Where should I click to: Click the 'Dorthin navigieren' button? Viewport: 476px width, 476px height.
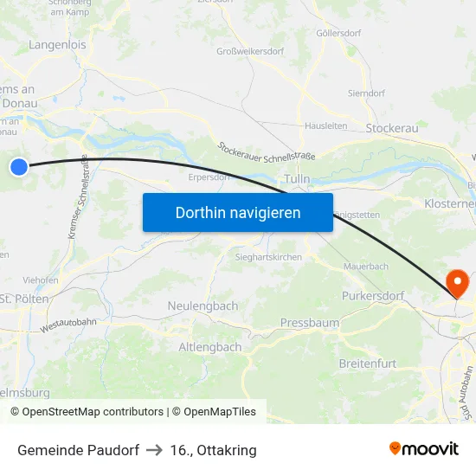click(x=238, y=212)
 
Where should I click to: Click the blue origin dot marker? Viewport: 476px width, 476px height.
click(x=18, y=167)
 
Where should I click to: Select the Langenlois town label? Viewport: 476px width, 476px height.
click(x=57, y=44)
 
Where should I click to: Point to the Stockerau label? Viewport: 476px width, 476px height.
click(x=392, y=128)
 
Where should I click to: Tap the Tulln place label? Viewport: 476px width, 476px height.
click(x=297, y=179)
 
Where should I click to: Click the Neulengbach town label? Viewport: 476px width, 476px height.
click(x=202, y=306)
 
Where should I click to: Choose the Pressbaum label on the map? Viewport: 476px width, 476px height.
click(x=310, y=323)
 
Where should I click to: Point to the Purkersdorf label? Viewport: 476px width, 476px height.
click(x=372, y=296)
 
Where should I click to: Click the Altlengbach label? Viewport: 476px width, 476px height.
click(x=209, y=347)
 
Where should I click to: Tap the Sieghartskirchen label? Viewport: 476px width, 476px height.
click(x=269, y=258)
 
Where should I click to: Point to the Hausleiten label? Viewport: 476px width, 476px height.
click(x=325, y=125)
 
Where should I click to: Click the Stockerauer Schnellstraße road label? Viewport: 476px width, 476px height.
click(x=267, y=151)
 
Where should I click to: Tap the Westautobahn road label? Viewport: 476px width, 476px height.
click(x=68, y=325)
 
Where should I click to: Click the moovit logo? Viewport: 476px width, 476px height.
click(x=424, y=449)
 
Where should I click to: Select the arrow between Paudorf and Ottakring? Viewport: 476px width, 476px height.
click(x=155, y=450)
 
